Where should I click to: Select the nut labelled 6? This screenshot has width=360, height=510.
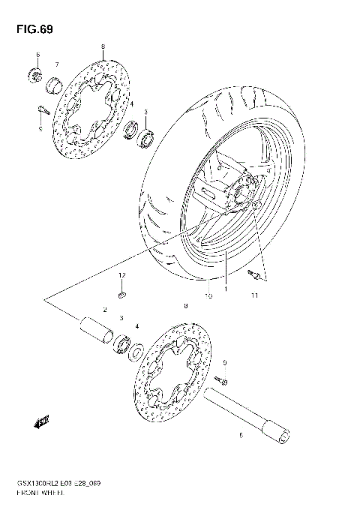pyautogui.click(x=34, y=74)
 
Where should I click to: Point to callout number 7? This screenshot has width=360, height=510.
pyautogui.click(x=55, y=64)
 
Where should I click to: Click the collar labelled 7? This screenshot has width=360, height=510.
pyautogui.click(x=55, y=83)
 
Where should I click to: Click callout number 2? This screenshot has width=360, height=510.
pyautogui.click(x=106, y=310)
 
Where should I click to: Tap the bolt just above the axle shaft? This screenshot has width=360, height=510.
pyautogui.click(x=221, y=381)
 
